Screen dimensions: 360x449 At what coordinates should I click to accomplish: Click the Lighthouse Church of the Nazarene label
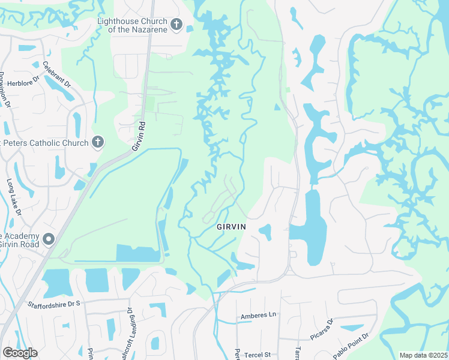[131, 25]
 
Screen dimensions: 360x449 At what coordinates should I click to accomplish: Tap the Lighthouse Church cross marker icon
[176, 25]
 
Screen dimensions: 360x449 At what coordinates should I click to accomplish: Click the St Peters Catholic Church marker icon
[98, 142]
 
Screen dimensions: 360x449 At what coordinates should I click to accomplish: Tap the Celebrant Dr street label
[56, 70]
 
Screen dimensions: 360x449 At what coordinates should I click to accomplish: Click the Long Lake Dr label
[14, 197]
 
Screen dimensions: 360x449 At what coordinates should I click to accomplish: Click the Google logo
[20, 352]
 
